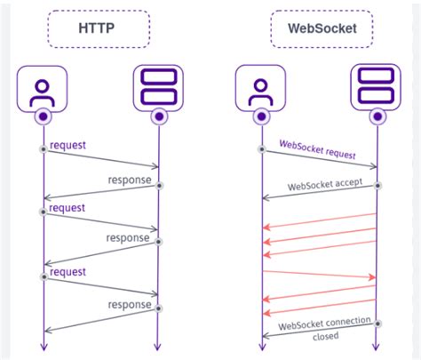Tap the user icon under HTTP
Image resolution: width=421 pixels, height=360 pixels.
[43, 90]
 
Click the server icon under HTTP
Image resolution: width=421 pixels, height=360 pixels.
[158, 90]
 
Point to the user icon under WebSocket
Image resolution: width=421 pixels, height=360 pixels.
[261, 90]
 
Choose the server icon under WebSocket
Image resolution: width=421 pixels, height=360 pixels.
[377, 90]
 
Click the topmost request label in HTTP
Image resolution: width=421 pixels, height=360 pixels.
[68, 144]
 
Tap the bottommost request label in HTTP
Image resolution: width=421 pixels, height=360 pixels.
[68, 272]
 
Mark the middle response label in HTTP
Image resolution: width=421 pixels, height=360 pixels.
[128, 237]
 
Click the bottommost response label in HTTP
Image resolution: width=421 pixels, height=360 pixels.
[130, 304]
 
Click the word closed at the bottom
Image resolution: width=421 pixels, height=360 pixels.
[325, 337]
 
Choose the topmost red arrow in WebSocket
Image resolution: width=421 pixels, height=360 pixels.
[320, 220]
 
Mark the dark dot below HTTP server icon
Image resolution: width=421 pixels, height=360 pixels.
[158, 116]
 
